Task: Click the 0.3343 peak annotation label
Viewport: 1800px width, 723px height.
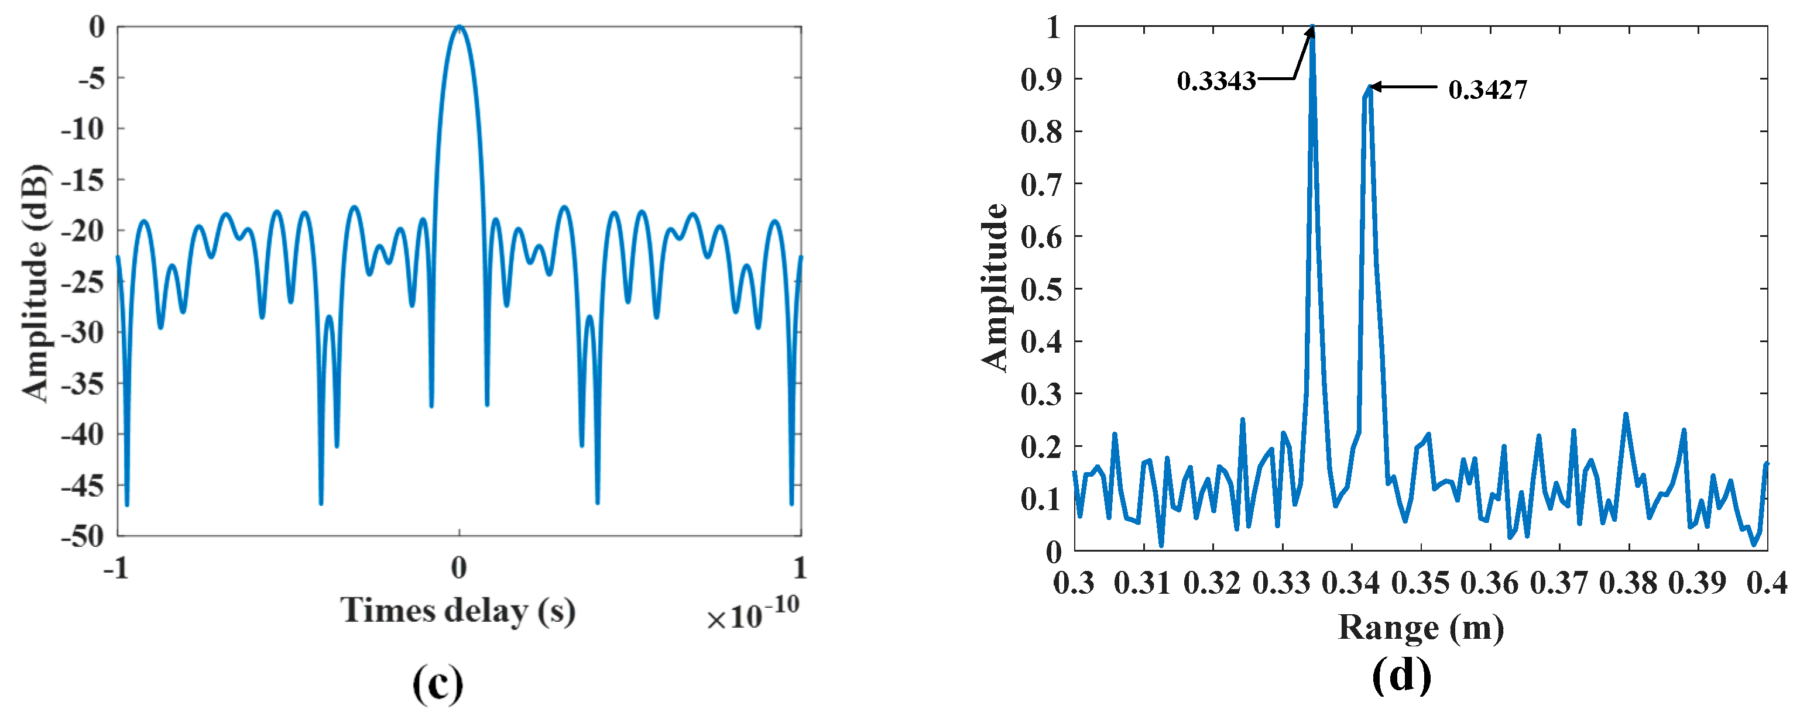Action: click(1216, 81)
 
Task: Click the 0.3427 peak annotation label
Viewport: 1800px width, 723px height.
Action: click(1487, 89)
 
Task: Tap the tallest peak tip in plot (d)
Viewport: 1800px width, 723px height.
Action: click(1313, 28)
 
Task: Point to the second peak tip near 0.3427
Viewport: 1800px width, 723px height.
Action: click(1370, 87)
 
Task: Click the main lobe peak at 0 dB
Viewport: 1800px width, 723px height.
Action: click(459, 26)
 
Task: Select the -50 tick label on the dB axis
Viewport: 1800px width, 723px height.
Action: click(83, 536)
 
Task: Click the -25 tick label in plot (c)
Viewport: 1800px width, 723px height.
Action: click(83, 281)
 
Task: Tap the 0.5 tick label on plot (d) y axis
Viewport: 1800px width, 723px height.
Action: click(1041, 288)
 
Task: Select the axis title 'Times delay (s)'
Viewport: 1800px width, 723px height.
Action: click(458, 611)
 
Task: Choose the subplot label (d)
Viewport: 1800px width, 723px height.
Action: click(1402, 676)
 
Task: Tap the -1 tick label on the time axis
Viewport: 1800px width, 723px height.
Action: click(116, 567)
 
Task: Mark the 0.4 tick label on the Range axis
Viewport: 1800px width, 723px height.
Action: click(1767, 582)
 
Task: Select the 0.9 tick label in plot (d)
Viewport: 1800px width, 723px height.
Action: click(1041, 79)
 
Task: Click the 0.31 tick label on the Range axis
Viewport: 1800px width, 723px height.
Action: click(1143, 582)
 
